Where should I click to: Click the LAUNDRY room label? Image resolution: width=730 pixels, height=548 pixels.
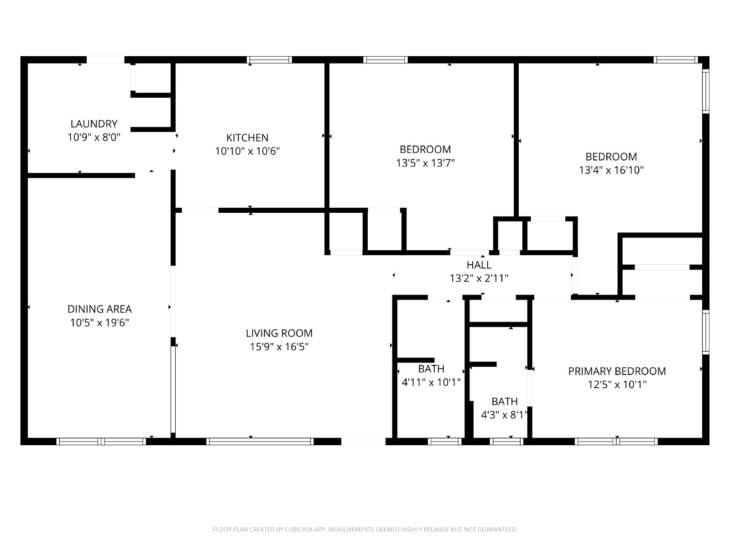pyautogui.click(x=94, y=124)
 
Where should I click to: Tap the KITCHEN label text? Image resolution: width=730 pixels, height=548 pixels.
pyautogui.click(x=247, y=138)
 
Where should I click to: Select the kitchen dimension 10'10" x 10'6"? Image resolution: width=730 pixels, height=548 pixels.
pyautogui.click(x=247, y=151)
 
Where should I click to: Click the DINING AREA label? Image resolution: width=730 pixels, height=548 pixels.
pyautogui.click(x=99, y=309)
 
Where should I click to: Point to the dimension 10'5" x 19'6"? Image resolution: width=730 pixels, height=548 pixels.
pyautogui.click(x=99, y=323)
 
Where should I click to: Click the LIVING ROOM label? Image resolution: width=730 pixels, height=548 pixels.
pyautogui.click(x=279, y=333)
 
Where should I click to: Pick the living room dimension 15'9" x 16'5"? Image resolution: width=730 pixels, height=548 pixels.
pyautogui.click(x=279, y=347)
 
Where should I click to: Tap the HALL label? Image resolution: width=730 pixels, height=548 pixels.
pyautogui.click(x=479, y=265)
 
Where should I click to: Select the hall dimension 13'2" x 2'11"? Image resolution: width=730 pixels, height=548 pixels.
pyautogui.click(x=479, y=278)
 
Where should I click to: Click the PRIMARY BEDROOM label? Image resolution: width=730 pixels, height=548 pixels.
pyautogui.click(x=617, y=371)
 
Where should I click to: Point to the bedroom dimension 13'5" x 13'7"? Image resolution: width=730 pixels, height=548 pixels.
pyautogui.click(x=425, y=163)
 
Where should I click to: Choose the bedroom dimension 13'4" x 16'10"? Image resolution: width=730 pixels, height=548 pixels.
pyautogui.click(x=611, y=170)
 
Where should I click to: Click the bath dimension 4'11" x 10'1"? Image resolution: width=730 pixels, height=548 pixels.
pyautogui.click(x=431, y=382)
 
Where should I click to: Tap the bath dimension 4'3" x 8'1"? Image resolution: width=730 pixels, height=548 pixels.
pyautogui.click(x=505, y=415)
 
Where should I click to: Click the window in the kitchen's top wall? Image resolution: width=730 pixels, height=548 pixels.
pyautogui.click(x=269, y=60)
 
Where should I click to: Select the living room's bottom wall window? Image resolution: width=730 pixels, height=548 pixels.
pyautogui.click(x=260, y=442)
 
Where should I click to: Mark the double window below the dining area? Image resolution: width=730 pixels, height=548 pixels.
pyautogui.click(x=101, y=442)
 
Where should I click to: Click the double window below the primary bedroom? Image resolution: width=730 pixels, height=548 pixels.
pyautogui.click(x=616, y=442)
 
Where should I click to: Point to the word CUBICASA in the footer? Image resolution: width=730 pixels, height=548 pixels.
pyautogui.click(x=297, y=529)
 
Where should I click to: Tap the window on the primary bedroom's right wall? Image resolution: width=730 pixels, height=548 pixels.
pyautogui.click(x=706, y=332)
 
